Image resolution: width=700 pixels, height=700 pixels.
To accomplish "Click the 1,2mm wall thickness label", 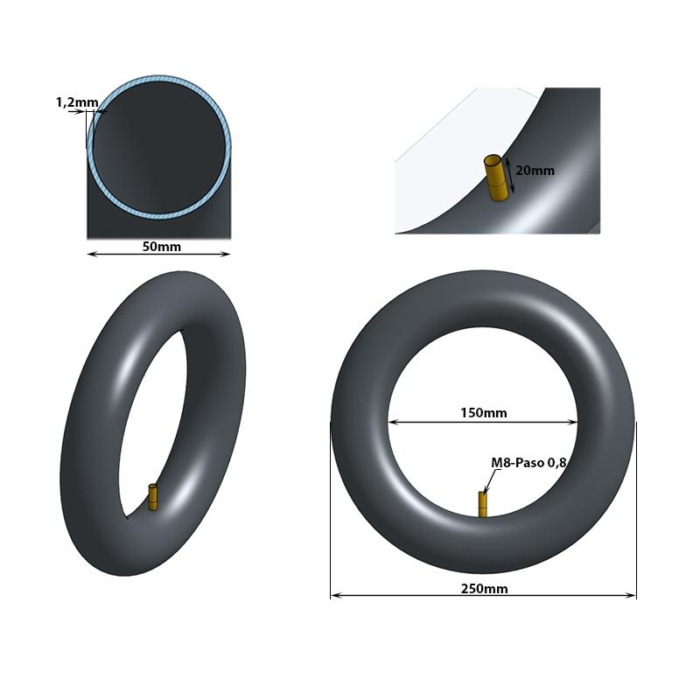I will click(x=77, y=102).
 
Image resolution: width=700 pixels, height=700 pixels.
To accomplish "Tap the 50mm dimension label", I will click(x=161, y=247).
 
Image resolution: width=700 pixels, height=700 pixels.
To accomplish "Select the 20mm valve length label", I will click(x=535, y=171).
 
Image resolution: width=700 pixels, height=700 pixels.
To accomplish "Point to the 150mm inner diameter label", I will click(x=483, y=413).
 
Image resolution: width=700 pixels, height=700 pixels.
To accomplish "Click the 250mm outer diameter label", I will click(x=484, y=589).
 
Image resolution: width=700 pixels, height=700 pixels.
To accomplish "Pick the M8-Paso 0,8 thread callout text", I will click(x=529, y=463).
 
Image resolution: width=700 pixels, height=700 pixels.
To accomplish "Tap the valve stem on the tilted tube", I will click(x=153, y=497).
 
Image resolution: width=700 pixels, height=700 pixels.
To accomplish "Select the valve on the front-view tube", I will click(x=482, y=504).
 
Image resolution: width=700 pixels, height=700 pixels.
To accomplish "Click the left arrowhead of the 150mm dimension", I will click(x=391, y=422).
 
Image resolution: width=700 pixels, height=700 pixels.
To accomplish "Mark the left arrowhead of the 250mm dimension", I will click(x=333, y=597).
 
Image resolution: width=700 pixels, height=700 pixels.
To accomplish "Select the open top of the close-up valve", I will click(x=493, y=160).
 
